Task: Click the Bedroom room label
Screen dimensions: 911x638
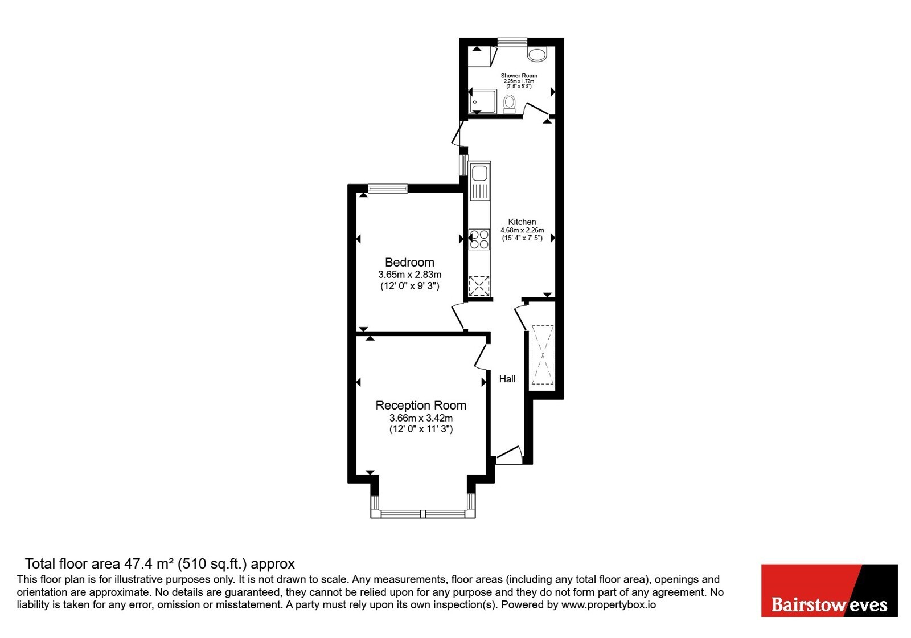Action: [x=409, y=263]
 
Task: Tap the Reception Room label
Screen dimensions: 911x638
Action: [x=421, y=405]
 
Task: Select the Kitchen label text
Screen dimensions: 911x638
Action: [x=522, y=222]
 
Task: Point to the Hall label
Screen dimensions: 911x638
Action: [x=507, y=379]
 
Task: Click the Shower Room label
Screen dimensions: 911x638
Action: [x=519, y=76]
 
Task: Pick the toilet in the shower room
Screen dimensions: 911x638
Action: [x=509, y=105]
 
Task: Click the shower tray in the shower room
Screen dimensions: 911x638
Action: [x=483, y=102]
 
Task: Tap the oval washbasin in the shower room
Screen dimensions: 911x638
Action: [x=537, y=54]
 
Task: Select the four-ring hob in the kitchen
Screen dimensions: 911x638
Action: [x=479, y=239]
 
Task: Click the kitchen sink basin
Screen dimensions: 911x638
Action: [x=479, y=173]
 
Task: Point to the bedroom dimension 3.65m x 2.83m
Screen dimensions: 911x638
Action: [x=409, y=275]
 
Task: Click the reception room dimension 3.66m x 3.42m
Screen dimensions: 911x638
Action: [x=421, y=418]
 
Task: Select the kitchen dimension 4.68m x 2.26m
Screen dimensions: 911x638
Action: [x=522, y=230]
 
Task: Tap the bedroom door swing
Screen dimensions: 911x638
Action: [x=458, y=316]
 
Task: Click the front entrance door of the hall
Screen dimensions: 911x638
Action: [x=508, y=455]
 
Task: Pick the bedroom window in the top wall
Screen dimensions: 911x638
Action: [x=388, y=189]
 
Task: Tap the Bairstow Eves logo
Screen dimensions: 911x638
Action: [x=829, y=590]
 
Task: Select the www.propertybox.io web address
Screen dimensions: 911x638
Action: [x=609, y=604]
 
